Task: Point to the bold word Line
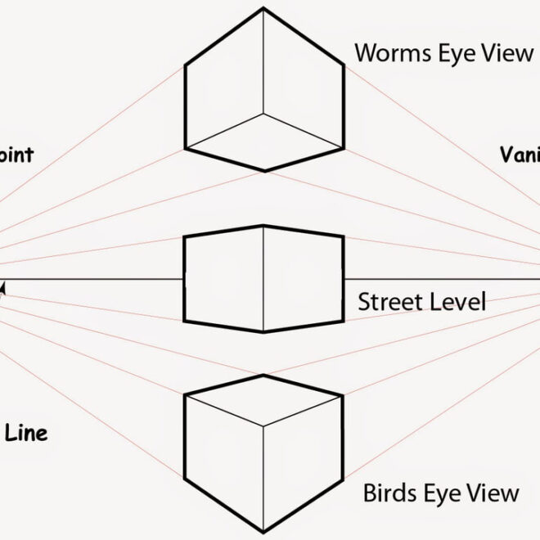coord(26,433)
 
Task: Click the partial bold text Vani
coord(519,154)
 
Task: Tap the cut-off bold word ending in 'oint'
coord(16,155)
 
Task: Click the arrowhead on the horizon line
coord(3,286)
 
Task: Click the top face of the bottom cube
coord(263,401)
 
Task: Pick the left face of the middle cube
coord(223,279)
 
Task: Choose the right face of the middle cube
coord(303,279)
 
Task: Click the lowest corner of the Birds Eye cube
coord(263,530)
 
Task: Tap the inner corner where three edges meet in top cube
coord(263,114)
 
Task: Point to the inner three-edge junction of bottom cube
coord(263,425)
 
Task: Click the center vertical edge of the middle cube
coord(263,278)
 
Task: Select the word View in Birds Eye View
coord(492,493)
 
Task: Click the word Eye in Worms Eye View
coord(463,53)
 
